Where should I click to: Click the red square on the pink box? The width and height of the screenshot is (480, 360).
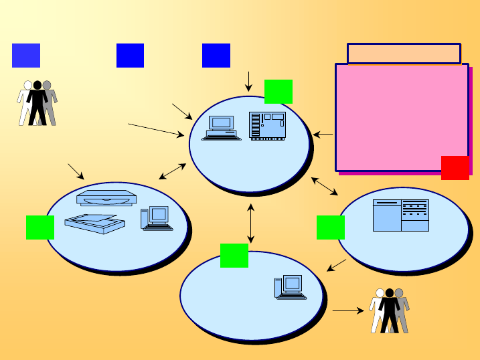coord(455,167)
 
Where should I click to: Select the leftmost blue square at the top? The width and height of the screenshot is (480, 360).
coord(26,56)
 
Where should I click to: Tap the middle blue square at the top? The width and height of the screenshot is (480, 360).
coord(130,56)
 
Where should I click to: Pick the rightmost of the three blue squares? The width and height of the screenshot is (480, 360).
coord(216,56)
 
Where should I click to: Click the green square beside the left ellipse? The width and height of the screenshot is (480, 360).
coord(39,228)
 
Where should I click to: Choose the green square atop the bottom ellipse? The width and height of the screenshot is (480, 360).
coord(234,255)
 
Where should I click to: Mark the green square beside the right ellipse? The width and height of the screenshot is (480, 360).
coord(330,228)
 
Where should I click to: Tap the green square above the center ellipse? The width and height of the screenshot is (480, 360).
coord(278,92)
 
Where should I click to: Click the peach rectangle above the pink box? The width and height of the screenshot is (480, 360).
coord(404,54)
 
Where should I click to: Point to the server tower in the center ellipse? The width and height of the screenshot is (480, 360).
coord(267,125)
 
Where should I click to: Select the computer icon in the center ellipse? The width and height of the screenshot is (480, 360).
coord(222,128)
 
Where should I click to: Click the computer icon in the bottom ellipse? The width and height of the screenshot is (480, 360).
coord(290,287)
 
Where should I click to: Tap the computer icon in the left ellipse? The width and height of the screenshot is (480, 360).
coord(157,219)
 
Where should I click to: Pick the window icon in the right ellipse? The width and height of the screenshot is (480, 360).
coord(401,215)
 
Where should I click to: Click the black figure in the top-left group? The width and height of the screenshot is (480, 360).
coord(37,103)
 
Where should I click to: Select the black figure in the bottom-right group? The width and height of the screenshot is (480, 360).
coord(389,310)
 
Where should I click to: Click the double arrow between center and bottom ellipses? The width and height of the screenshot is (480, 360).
coord(251,223)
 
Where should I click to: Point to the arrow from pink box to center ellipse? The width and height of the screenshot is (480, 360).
coord(323,135)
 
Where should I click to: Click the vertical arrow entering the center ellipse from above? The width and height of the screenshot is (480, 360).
coord(248,80)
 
